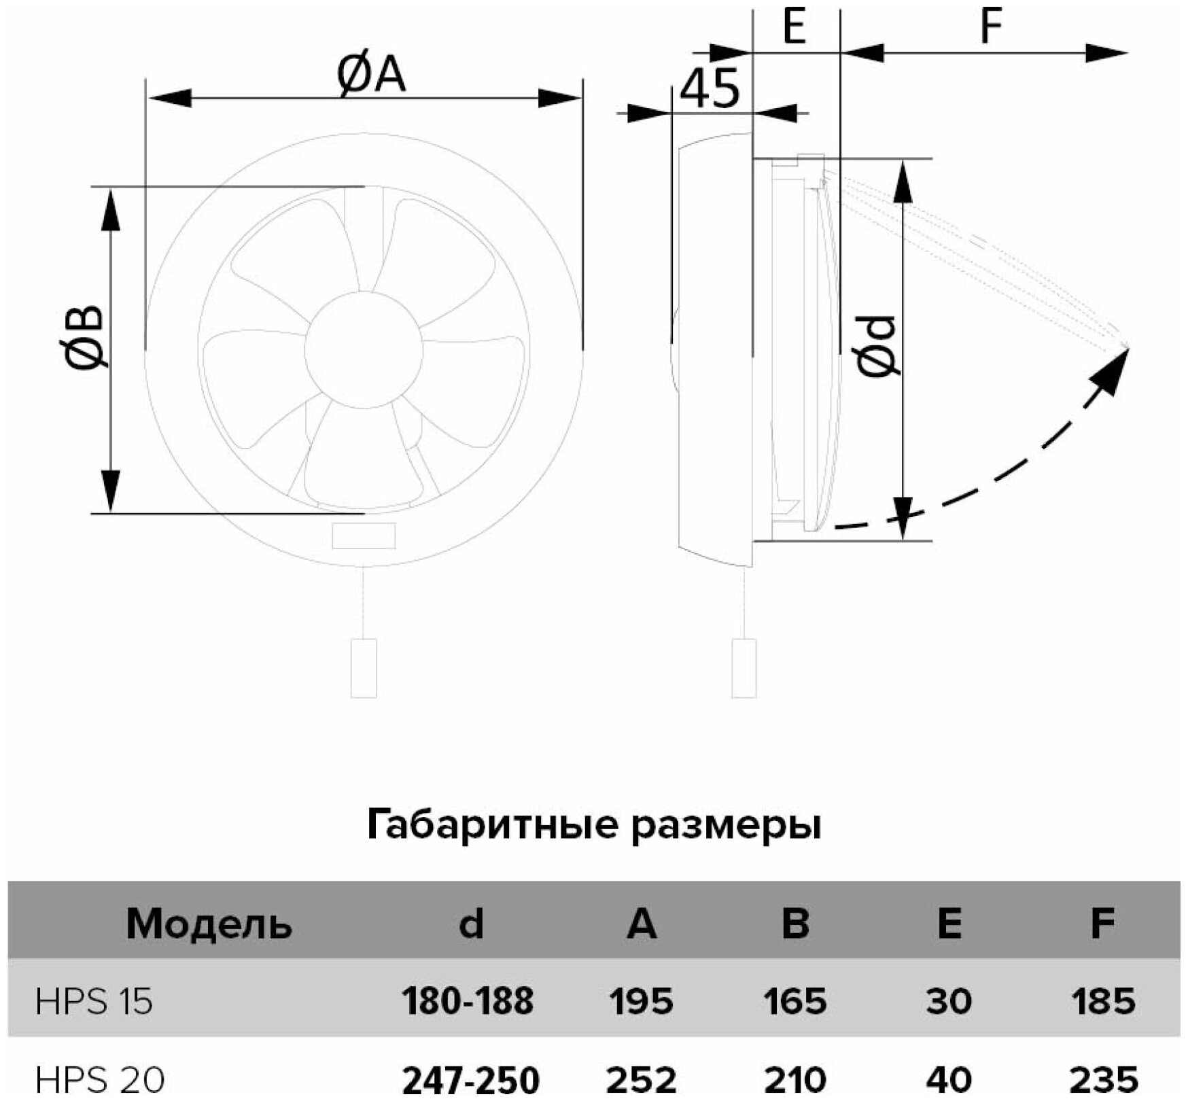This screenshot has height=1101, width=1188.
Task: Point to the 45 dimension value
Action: pos(709,88)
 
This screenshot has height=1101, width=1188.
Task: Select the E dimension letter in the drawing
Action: pos(794,27)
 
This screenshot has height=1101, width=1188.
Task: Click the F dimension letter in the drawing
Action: pos(992,27)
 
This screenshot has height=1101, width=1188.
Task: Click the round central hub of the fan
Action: pos(364,349)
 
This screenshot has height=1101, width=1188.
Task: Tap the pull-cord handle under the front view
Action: pos(364,667)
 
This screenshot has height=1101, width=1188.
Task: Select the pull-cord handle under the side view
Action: pos(744,667)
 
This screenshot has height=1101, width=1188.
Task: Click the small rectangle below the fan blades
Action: pos(364,536)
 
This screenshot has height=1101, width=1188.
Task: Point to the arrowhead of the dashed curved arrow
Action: pos(1115,367)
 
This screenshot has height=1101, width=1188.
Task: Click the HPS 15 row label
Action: pos(94,1001)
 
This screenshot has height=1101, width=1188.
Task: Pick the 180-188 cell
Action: pos(468,1001)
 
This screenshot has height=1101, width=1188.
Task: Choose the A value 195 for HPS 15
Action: pos(642,1001)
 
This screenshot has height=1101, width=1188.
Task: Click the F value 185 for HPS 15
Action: pos(1103,1001)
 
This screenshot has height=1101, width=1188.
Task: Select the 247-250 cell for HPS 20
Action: pos(471,1079)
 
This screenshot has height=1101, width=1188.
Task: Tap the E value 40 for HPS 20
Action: pos(949,1079)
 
